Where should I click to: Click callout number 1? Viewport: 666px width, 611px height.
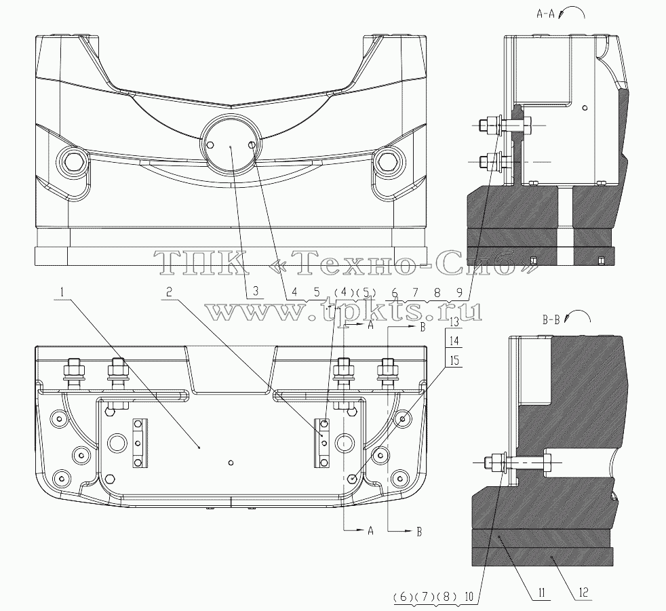coord(62,292)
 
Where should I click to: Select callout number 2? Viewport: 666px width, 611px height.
coord(169,292)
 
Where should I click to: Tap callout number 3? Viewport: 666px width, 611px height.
coord(256,292)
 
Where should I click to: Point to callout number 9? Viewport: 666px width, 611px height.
coord(459,292)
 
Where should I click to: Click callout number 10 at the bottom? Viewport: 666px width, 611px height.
coord(469,596)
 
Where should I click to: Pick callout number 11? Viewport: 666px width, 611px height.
coord(542,593)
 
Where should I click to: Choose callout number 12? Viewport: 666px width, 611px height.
coord(584,592)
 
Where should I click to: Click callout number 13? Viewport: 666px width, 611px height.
coord(454,322)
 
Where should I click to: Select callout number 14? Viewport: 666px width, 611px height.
coord(454,341)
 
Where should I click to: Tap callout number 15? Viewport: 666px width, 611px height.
coord(454,361)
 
